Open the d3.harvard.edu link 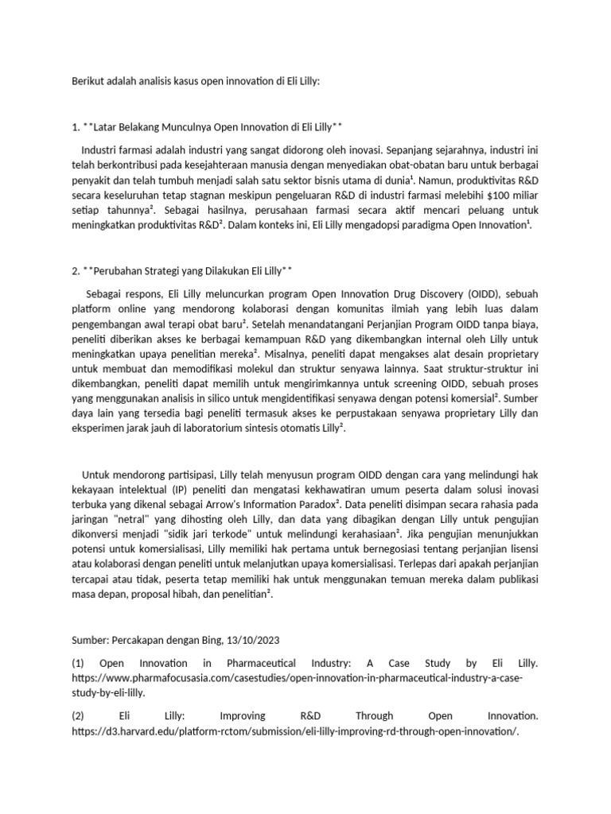(294, 731)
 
